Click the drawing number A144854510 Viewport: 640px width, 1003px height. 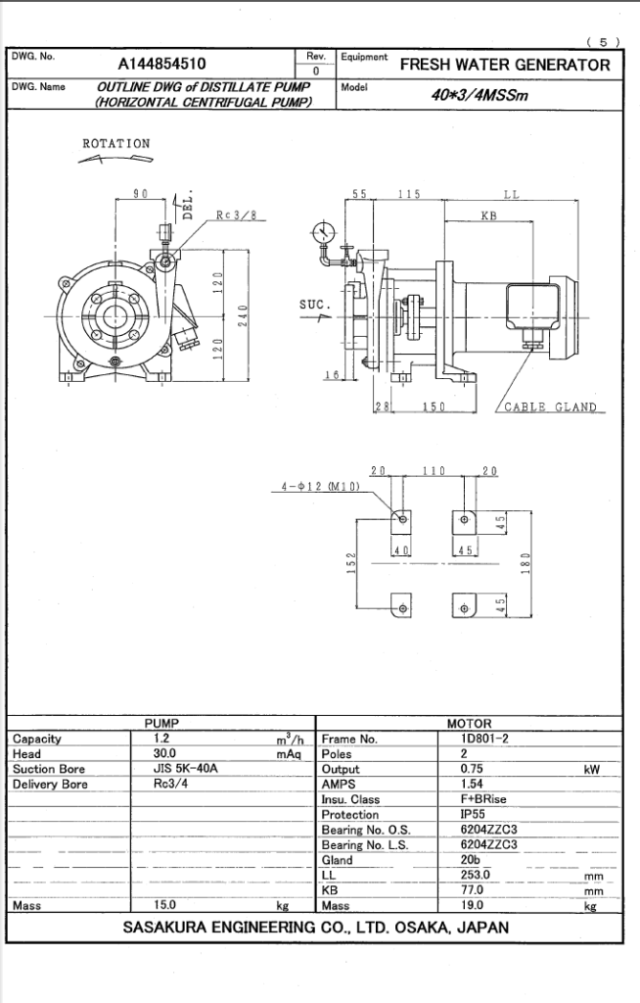coord(162,66)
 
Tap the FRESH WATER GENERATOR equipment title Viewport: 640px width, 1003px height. coord(505,66)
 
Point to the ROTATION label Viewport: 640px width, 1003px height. coord(116,144)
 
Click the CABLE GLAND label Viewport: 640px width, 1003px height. coord(550,407)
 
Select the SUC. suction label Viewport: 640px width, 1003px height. coord(315,305)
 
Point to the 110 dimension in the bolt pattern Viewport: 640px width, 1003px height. coord(434,472)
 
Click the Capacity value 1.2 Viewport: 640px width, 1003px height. coord(162,739)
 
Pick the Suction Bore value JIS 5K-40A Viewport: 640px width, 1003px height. coord(186,769)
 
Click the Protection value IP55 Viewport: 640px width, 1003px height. coord(474,815)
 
